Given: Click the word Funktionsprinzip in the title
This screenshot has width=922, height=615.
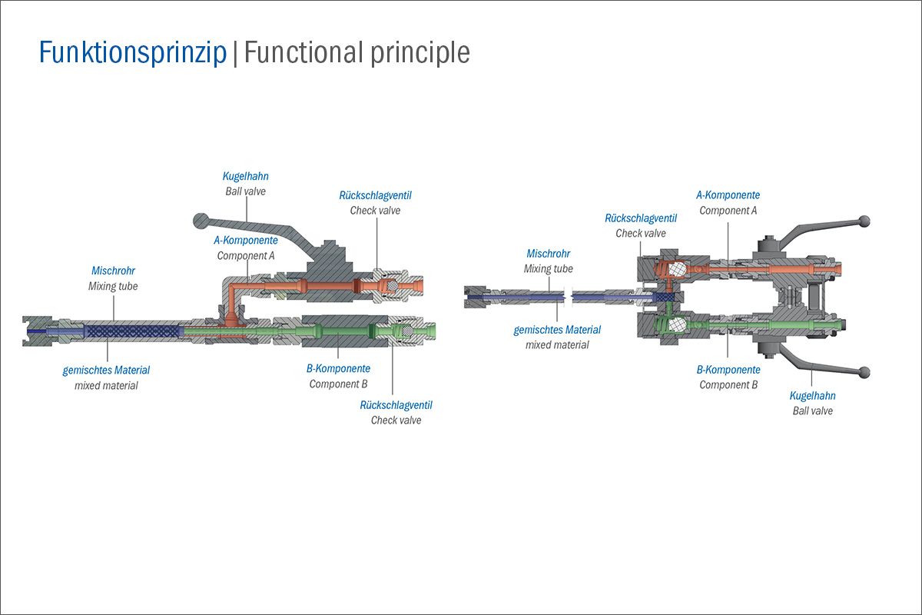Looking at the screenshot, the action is pos(133,53).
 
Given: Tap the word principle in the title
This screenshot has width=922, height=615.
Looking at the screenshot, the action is pos(420,53).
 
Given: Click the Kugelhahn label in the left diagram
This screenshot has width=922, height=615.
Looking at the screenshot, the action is pos(245,176).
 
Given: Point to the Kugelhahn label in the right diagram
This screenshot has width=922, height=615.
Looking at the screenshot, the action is pos(813,396).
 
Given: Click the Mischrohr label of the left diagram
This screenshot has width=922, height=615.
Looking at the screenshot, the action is pos(113,271).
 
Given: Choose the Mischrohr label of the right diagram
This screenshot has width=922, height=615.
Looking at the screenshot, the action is pos(549,254).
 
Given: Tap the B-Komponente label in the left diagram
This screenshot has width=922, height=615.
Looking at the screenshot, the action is pos(338,368).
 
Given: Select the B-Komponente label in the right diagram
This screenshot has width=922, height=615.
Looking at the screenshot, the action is pos(728,370).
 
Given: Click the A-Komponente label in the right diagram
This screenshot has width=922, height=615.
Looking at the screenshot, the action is pos(728,194).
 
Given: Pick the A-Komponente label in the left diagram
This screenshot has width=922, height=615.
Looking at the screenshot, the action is pos(246,240).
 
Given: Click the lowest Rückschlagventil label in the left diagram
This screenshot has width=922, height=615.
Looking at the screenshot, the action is pos(396,405).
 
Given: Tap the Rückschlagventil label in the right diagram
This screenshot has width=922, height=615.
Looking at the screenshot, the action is pos(641,218).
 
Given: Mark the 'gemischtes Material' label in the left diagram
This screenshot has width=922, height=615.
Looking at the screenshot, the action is pos(106,371).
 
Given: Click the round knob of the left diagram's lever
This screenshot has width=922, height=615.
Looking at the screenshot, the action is pos(201,221).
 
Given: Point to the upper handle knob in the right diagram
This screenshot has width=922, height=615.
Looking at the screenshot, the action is pos(865,221).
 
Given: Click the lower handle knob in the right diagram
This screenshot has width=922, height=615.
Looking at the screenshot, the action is pos(865,372).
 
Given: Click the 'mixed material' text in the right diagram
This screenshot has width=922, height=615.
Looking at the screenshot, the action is pos(557,344).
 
